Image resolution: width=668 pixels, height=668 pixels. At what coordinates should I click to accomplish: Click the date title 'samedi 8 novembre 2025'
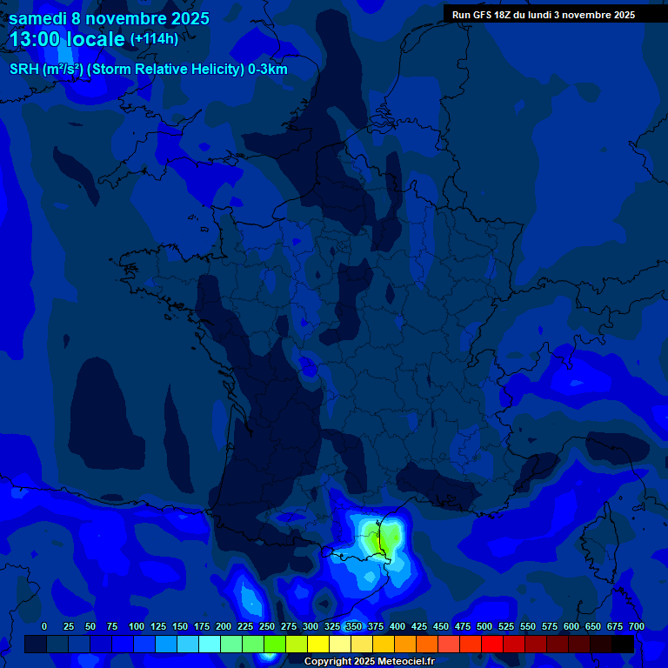[x=109, y=18]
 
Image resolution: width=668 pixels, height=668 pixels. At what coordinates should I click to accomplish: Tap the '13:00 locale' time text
[x=68, y=39]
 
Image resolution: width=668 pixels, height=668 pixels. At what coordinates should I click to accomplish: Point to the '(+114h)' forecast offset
[x=154, y=39]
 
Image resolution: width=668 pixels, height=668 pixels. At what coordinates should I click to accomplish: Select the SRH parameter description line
[x=148, y=70]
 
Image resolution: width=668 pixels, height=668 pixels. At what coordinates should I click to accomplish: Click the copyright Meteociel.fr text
[x=369, y=661]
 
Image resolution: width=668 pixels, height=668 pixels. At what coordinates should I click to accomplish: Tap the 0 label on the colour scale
[x=44, y=626]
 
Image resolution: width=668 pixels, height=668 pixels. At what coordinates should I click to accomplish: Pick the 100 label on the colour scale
[x=137, y=626]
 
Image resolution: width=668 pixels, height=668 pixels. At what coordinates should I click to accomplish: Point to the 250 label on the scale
[x=267, y=626]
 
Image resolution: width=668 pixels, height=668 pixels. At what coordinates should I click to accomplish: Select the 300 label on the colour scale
[x=311, y=626]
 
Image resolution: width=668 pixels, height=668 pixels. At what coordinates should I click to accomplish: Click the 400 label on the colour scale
[x=397, y=626]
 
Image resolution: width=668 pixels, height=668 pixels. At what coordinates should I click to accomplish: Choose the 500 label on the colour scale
[x=484, y=626]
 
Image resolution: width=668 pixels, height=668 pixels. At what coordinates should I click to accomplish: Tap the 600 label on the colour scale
[x=571, y=626]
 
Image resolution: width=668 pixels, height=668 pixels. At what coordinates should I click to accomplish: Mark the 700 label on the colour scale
[x=636, y=626]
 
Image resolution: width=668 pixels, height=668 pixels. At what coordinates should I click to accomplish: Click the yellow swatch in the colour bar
[x=318, y=645]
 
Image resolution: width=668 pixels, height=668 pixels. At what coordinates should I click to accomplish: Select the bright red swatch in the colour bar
[x=492, y=645]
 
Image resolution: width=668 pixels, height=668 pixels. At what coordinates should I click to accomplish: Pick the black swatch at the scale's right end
[x=623, y=645]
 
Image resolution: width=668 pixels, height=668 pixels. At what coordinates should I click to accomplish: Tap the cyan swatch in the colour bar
[x=210, y=645]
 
